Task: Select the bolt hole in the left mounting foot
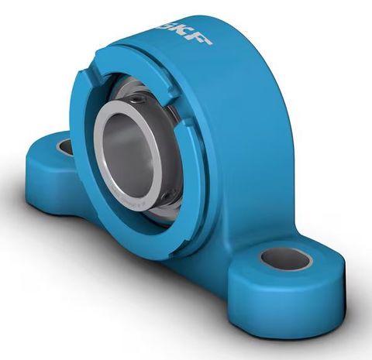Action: click(x=66, y=146)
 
